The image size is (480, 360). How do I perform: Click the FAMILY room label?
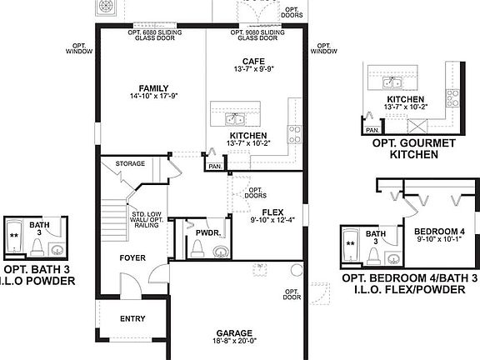(x=154, y=88)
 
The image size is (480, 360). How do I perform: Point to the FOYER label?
(x=133, y=257)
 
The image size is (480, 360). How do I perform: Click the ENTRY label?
(x=132, y=318)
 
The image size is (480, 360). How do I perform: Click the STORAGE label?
(x=130, y=163)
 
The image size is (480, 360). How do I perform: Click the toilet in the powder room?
(x=197, y=247)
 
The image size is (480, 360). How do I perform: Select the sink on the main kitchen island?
(x=236, y=117)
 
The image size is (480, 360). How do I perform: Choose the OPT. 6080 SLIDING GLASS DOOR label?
(x=156, y=34)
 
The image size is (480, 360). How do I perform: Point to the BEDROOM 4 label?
(x=438, y=231)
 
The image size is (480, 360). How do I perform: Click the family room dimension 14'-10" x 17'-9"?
(x=154, y=98)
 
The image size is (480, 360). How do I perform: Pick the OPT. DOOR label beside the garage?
(x=292, y=294)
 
